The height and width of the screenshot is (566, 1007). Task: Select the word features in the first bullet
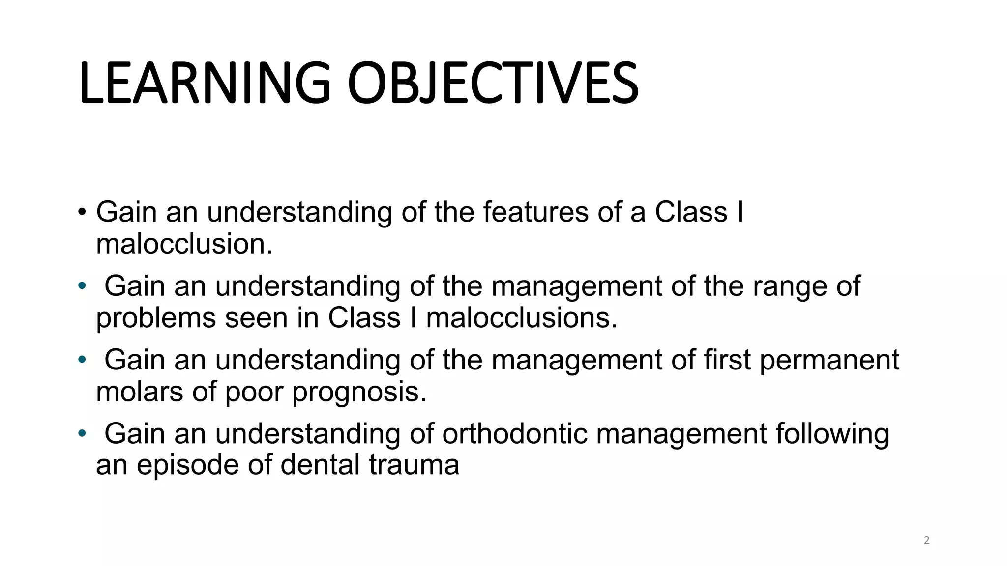point(535,212)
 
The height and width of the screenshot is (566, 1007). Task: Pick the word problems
point(156,319)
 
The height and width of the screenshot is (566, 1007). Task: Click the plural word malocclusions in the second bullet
point(521,318)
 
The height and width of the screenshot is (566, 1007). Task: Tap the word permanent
point(829,360)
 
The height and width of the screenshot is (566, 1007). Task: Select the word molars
point(140,392)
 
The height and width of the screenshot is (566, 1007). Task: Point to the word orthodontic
point(515,434)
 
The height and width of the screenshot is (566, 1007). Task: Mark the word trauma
point(414,465)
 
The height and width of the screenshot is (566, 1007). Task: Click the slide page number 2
point(927,540)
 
